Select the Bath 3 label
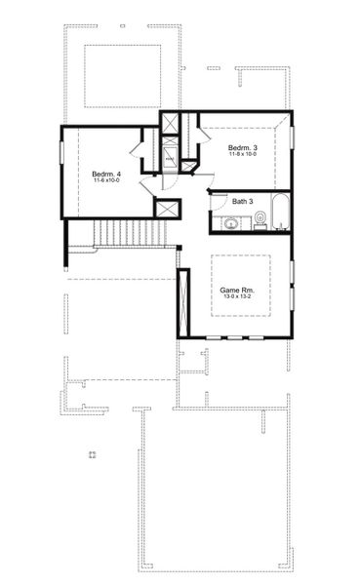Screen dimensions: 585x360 [243, 202]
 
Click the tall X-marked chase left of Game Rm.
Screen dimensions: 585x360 [181, 302]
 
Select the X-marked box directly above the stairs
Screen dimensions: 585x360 [167, 209]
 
